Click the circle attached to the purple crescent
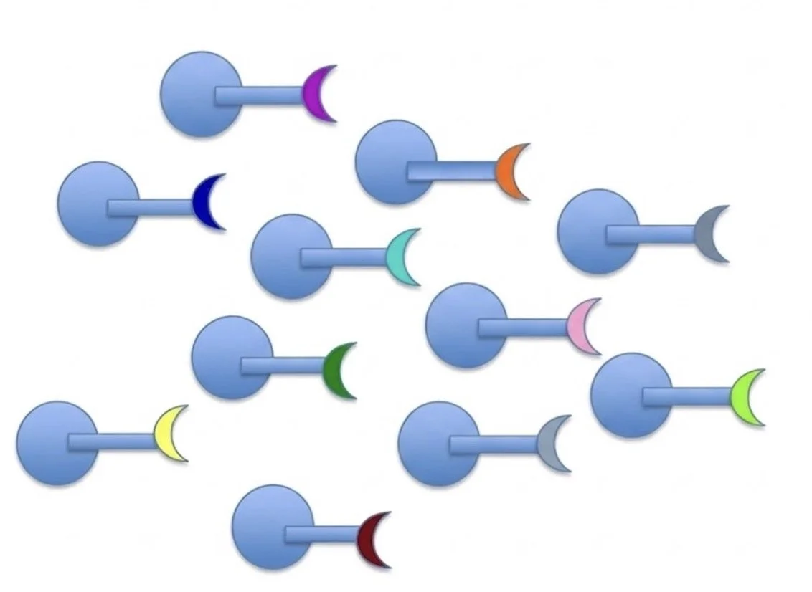pyautogui.click(x=194, y=94)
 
